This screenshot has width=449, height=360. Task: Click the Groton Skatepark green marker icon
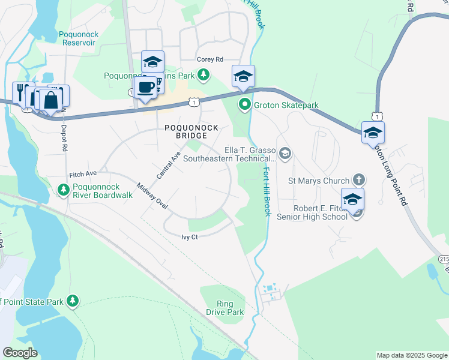click(x=244, y=106)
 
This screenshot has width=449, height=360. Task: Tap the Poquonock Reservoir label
click(x=79, y=39)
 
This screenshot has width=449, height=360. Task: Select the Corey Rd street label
click(x=210, y=59)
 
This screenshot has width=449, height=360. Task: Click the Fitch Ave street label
click(x=83, y=173)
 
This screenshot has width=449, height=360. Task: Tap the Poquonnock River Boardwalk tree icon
click(x=63, y=190)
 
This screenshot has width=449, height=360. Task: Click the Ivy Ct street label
click(x=190, y=238)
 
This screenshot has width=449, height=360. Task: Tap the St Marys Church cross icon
click(x=358, y=180)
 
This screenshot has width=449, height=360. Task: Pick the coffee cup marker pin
click(x=145, y=87)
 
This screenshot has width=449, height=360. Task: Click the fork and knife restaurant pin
click(x=20, y=92)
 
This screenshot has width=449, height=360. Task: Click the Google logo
click(x=20, y=353)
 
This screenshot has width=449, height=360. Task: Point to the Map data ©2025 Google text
click(x=412, y=355)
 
